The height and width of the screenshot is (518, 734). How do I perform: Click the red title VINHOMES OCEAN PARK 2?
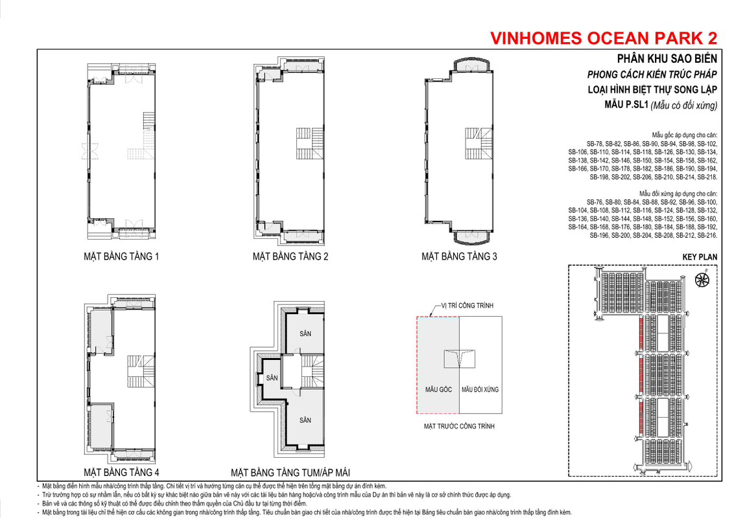tap(604, 38)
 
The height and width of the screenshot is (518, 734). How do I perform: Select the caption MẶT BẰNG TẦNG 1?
tap(121, 256)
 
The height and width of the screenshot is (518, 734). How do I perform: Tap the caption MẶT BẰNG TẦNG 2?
tap(290, 256)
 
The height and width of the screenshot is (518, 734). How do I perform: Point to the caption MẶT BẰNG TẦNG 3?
tap(459, 256)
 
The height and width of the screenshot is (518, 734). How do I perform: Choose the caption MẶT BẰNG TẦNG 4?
tap(121, 472)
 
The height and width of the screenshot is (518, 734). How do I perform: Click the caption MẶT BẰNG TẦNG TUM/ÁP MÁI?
tap(290, 473)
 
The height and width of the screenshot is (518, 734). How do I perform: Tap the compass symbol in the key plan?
tap(702, 280)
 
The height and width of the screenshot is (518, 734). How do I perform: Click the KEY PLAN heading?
tap(700, 257)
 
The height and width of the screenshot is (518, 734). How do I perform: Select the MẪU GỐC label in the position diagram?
tap(438, 389)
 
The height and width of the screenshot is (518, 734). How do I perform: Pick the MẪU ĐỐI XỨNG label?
tap(480, 389)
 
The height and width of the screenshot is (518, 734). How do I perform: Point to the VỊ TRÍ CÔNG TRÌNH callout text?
tap(467, 305)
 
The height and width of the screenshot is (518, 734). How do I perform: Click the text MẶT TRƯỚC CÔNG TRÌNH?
tap(459, 426)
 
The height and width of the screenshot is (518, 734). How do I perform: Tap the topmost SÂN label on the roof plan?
tap(305, 333)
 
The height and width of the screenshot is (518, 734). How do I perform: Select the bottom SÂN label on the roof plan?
tap(305, 420)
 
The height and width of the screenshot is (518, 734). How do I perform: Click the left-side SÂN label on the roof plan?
tap(272, 377)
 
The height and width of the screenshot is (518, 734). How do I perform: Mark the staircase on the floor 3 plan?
tap(479, 144)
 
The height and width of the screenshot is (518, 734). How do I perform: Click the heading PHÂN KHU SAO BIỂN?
tap(667, 58)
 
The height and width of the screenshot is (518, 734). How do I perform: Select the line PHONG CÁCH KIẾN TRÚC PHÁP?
tap(652, 74)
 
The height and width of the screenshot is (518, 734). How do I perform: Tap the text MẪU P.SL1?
tap(626, 105)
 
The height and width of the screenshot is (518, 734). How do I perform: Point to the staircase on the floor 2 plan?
tap(309, 144)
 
